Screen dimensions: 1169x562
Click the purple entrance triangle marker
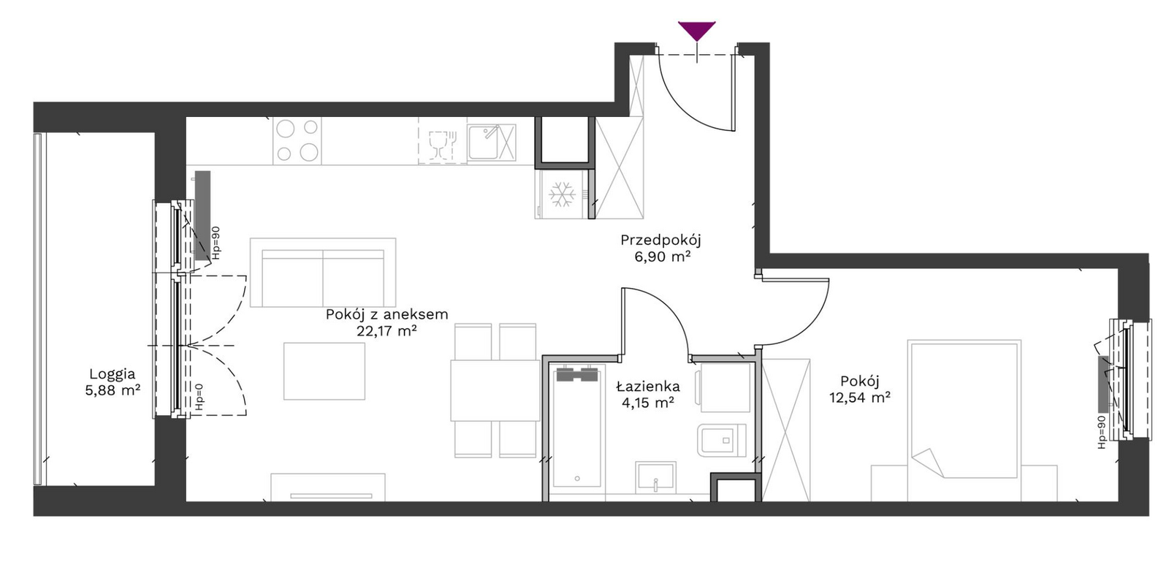pyautogui.click(x=697, y=30)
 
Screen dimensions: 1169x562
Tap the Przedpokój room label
pyautogui.click(x=660, y=240)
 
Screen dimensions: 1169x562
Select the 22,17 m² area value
pyautogui.click(x=387, y=331)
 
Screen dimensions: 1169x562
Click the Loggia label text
pyautogui.click(x=113, y=374)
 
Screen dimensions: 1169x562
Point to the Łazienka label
pyautogui.click(x=647, y=386)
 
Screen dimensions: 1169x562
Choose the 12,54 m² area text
pyautogui.click(x=860, y=398)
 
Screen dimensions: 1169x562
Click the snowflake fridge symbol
pyautogui.click(x=562, y=194)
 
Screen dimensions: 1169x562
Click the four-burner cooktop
pyautogui.click(x=297, y=140)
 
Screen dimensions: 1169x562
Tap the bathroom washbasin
pyautogui.click(x=655, y=476)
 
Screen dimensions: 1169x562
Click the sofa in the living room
pyautogui.click(x=323, y=273)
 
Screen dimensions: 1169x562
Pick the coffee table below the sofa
pyautogui.click(x=324, y=371)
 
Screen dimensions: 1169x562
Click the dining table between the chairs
pyautogui.click(x=495, y=390)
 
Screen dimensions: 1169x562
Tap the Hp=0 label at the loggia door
pyautogui.click(x=199, y=399)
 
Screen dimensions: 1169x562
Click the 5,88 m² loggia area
pyautogui.click(x=113, y=390)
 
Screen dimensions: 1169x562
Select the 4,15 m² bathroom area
pyautogui.click(x=647, y=403)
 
